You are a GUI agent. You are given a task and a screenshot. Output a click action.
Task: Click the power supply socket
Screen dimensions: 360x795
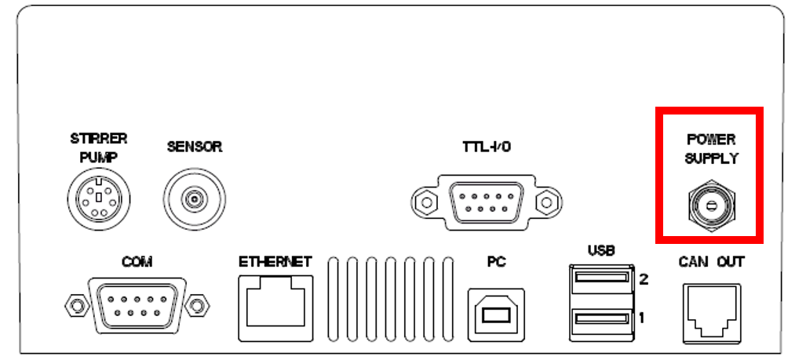[710, 205]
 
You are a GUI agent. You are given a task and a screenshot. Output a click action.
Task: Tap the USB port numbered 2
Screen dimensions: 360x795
[602, 278]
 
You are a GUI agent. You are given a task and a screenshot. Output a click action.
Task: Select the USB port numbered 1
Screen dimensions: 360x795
[602, 318]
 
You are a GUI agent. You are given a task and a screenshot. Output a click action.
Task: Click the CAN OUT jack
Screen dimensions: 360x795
[712, 311]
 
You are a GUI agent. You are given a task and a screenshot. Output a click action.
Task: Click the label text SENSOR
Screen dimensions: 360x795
[195, 147]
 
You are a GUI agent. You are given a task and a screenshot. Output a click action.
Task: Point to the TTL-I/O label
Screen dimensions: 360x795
[487, 147]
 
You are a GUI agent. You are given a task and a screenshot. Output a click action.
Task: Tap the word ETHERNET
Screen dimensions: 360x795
[275, 262]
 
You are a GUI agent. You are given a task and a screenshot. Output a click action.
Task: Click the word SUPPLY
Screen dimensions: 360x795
[711, 158]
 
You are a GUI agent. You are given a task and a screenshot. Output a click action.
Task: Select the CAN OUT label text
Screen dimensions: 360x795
[711, 262]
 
